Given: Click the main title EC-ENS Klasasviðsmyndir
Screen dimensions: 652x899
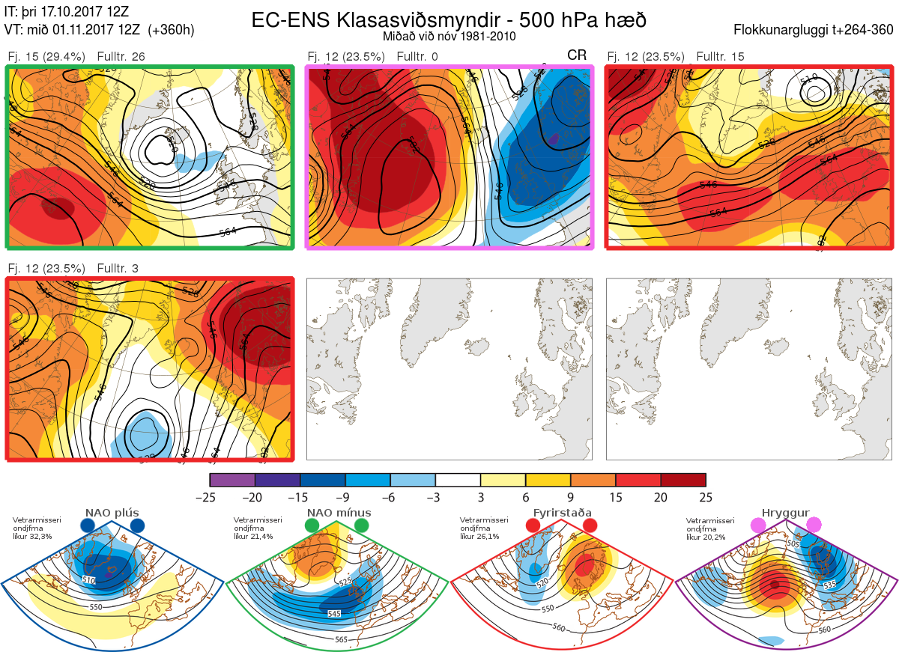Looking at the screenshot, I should [x=449, y=20].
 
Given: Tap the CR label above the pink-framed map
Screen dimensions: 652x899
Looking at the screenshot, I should [x=577, y=55].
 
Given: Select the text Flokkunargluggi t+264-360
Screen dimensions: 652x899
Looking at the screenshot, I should [x=815, y=30].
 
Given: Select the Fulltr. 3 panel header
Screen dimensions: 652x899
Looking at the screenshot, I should [x=118, y=268].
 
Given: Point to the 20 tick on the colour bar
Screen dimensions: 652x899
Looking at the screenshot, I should [x=660, y=497].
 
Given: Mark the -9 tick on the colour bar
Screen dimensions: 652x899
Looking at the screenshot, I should [x=345, y=497].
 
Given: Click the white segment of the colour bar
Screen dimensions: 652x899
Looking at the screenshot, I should [x=458, y=479].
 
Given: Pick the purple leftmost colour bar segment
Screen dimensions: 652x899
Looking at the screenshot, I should [x=232, y=479].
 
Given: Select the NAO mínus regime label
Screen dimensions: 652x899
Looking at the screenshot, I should [x=339, y=513].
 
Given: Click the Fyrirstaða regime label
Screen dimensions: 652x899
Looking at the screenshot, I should [x=562, y=513].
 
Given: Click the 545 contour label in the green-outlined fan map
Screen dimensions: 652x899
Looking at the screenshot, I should [x=334, y=614].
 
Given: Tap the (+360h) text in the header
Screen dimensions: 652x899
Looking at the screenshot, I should [x=172, y=30].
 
